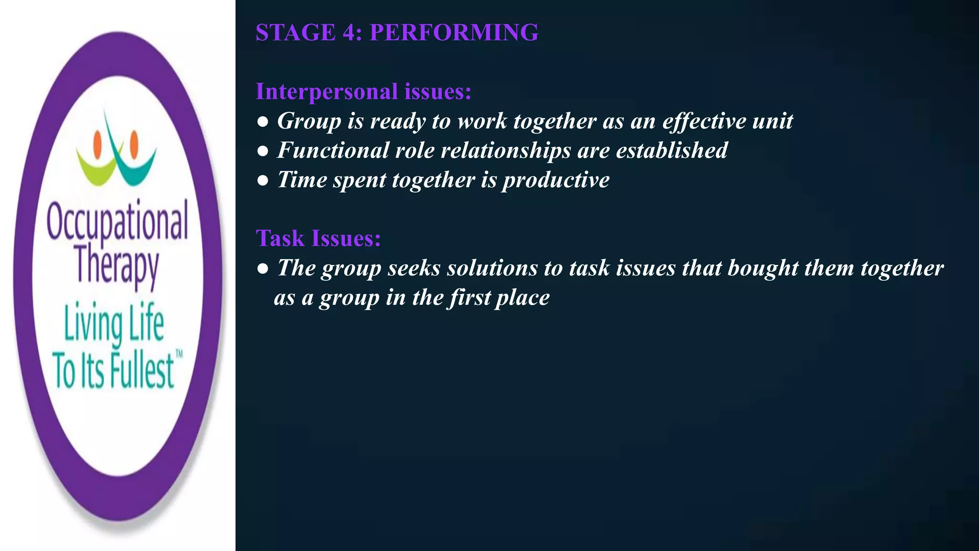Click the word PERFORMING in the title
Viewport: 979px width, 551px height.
pos(454,33)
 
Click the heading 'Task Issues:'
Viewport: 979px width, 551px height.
pos(318,238)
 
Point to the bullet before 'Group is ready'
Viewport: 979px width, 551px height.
pos(262,122)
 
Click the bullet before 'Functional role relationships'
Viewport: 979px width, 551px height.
pos(262,152)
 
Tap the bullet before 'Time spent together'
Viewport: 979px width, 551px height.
pos(262,181)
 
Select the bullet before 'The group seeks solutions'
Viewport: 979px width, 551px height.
pos(262,269)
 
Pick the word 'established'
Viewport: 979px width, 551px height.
pos(671,151)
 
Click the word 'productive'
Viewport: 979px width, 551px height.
pos(556,180)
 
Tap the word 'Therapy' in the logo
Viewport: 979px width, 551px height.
pos(117,266)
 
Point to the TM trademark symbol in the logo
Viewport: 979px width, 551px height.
pos(179,354)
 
